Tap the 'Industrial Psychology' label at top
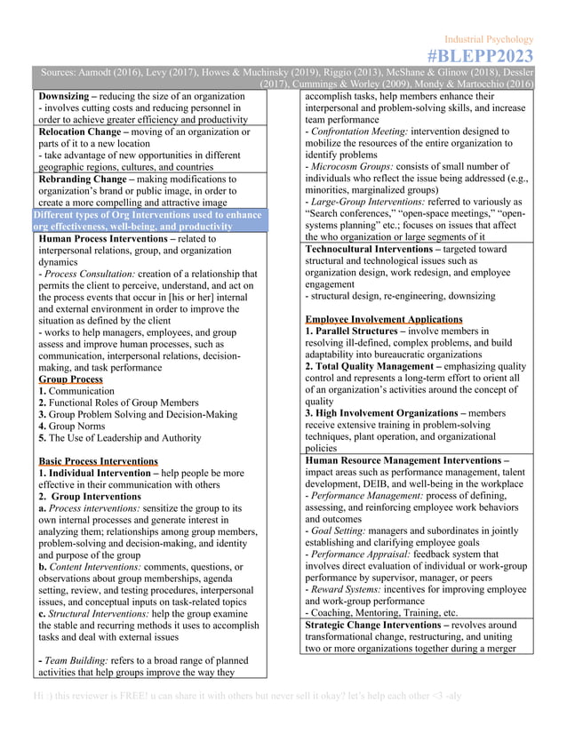coord(489,39)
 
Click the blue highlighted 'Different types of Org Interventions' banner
coord(148,220)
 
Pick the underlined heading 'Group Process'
coord(70,379)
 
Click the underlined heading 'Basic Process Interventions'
coord(98,461)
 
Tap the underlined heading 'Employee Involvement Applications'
coord(383,318)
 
